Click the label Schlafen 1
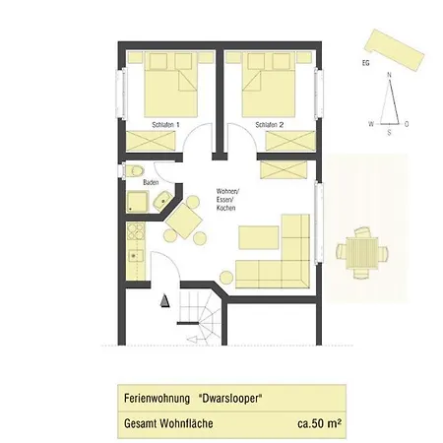[165, 126]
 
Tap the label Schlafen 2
[269, 126]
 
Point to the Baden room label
[151, 182]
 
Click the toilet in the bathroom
[136, 173]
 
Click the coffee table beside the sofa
[259, 237]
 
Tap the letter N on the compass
[390, 75]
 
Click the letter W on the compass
[370, 124]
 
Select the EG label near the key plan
[365, 63]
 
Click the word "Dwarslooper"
[228, 399]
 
